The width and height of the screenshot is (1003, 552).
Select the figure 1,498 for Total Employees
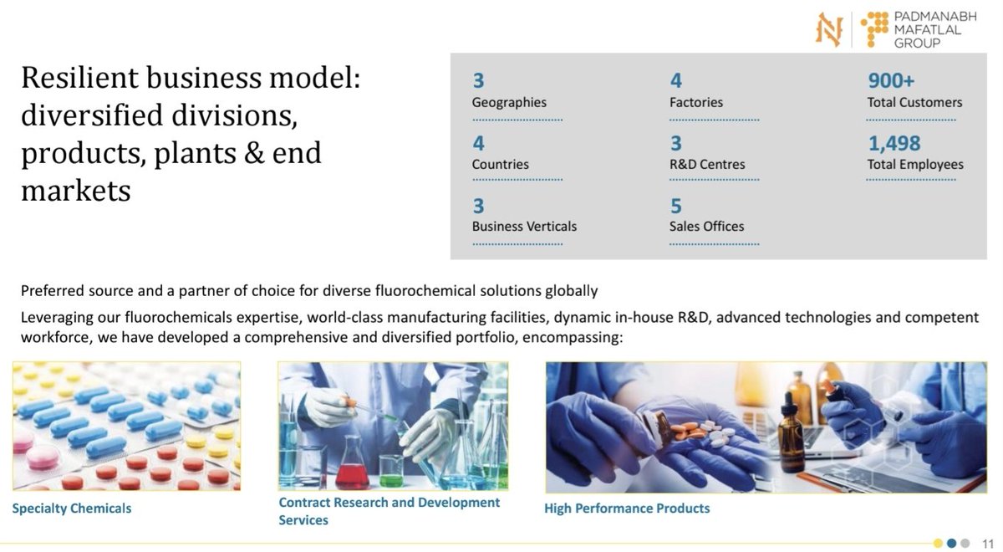894,143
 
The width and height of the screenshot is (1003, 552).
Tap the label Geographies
509,102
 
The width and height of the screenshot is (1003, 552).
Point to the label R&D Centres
706,164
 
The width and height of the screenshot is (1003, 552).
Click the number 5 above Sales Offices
675,206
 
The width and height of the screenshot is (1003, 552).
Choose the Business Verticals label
524,226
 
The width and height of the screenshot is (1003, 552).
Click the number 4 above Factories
675,81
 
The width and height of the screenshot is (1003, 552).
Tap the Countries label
500,164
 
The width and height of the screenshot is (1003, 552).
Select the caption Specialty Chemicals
72,508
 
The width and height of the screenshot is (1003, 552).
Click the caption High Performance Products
627,508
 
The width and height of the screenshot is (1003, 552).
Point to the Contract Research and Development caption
389,503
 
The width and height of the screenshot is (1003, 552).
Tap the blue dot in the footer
951,542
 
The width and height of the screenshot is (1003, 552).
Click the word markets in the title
75,191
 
